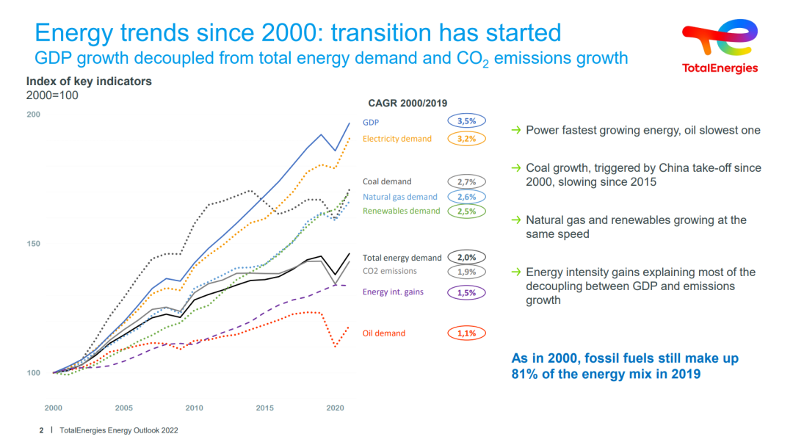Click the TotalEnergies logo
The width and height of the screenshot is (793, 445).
pyautogui.click(x=720, y=46)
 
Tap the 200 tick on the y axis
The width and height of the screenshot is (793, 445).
pyautogui.click(x=34, y=115)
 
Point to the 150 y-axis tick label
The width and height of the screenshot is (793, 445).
pyautogui.click(x=34, y=244)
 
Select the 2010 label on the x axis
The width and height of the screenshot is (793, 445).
pyautogui.click(x=194, y=408)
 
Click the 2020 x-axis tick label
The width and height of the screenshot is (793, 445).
pyautogui.click(x=335, y=408)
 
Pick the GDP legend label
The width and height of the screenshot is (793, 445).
pyautogui.click(x=371, y=123)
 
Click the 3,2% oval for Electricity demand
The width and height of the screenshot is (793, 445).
pyautogui.click(x=466, y=138)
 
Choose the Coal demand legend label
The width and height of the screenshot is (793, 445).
pyautogui.click(x=387, y=181)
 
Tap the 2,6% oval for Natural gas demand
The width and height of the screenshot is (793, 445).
pyautogui.click(x=466, y=197)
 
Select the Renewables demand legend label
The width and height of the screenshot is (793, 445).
pyautogui.click(x=401, y=211)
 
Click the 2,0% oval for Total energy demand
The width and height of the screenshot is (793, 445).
pyautogui.click(x=466, y=257)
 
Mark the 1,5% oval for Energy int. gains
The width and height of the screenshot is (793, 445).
pyautogui.click(x=466, y=292)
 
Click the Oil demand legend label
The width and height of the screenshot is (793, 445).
pyautogui.click(x=384, y=333)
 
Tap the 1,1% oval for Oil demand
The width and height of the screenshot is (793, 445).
pyautogui.click(x=466, y=333)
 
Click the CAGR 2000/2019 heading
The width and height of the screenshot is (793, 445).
pyautogui.click(x=408, y=104)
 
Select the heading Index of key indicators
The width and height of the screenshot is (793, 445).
pyautogui.click(x=89, y=82)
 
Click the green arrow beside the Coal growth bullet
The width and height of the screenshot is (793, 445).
pyautogui.click(x=517, y=168)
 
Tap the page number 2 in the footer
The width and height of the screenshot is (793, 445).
pyautogui.click(x=41, y=430)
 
